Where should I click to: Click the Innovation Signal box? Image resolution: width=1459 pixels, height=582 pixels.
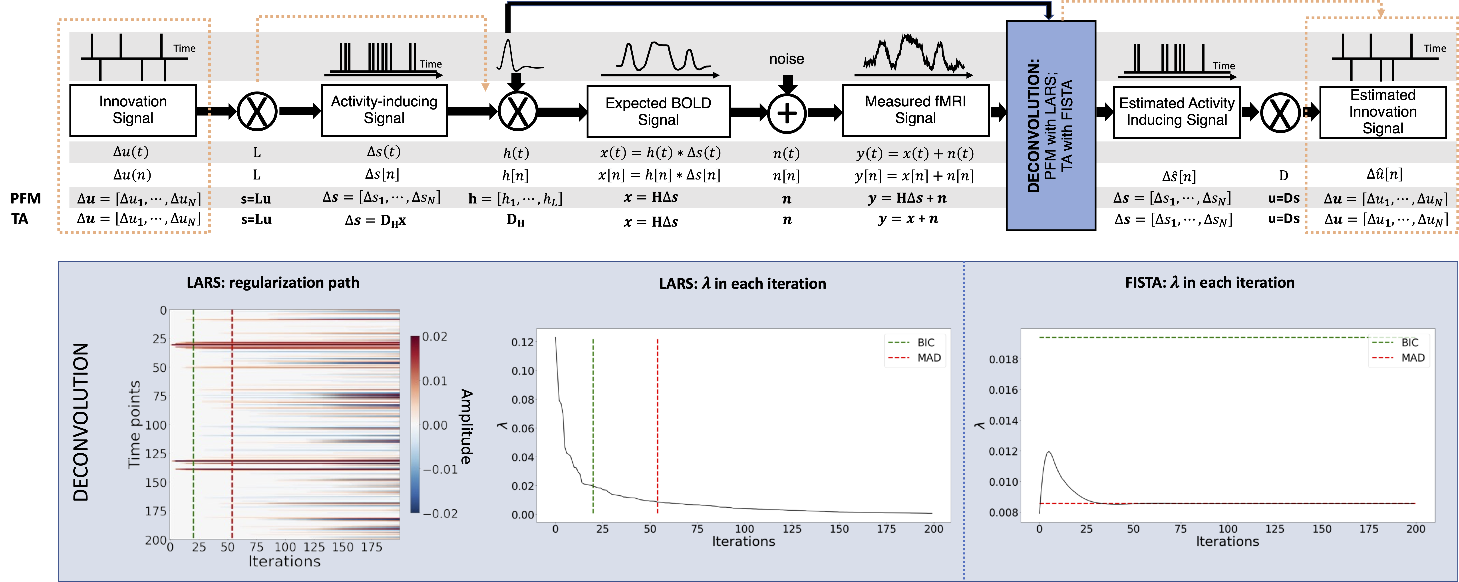[133, 110]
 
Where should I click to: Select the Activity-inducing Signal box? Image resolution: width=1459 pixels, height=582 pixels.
[384, 110]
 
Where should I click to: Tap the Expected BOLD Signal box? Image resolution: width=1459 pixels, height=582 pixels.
[658, 111]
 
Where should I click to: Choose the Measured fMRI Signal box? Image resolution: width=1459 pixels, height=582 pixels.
[915, 110]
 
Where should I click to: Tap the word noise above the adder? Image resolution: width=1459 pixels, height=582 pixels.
[786, 59]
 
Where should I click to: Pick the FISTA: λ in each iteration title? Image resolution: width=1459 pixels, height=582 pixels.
[1209, 282]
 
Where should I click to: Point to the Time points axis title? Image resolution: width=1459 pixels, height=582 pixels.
[134, 424]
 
